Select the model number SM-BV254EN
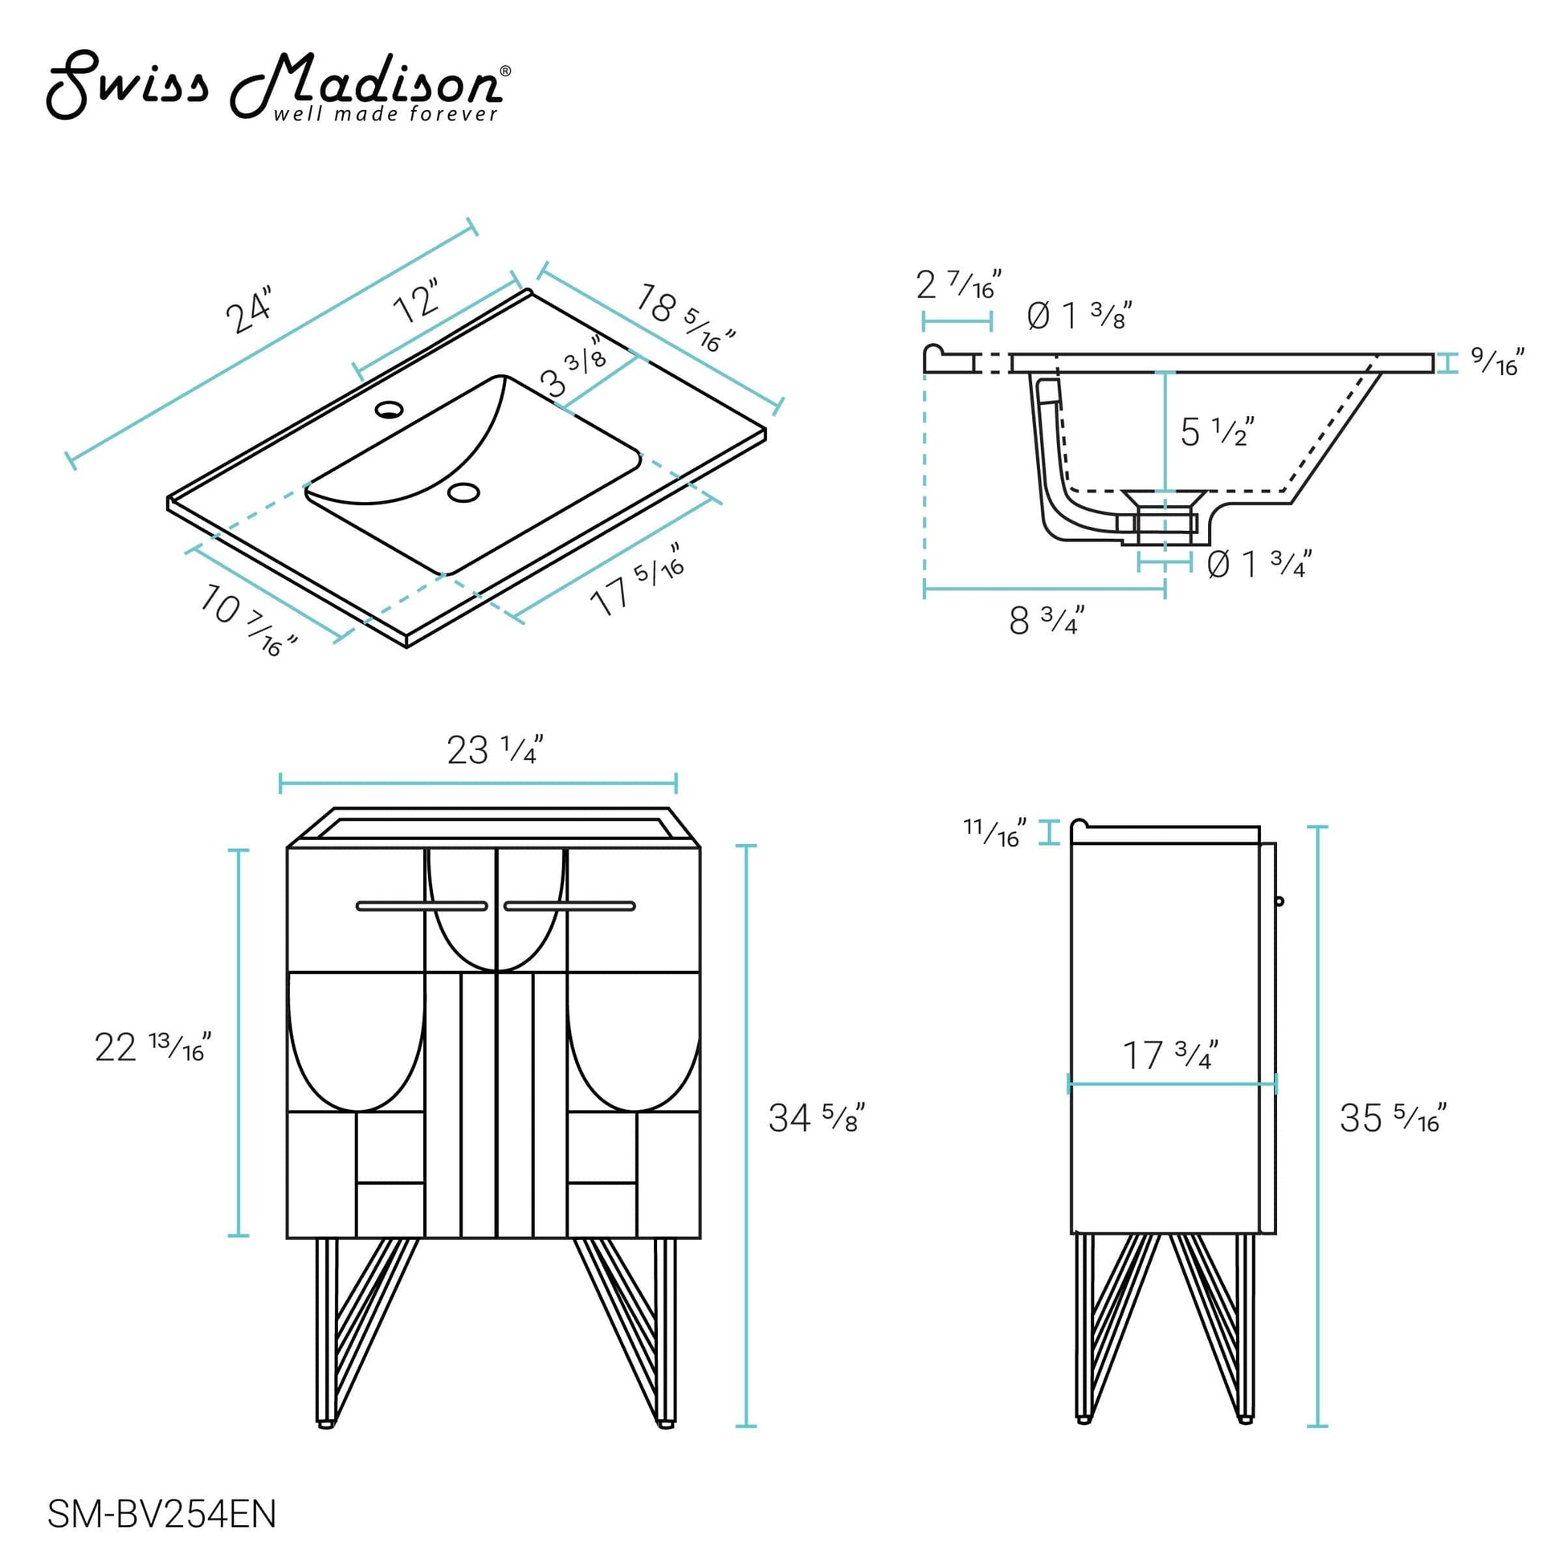pos(161,1514)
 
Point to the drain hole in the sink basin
pos(463,491)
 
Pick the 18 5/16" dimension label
pos(684,318)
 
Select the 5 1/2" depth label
pos(1216,432)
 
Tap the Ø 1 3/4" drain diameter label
pos(1258,564)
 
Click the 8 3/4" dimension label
pos(1045,621)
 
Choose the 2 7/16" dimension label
pos(958,284)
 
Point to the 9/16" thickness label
pos(1496,361)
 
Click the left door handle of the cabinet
pos(422,906)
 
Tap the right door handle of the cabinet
pos(569,906)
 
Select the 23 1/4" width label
pos(493,750)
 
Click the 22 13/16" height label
pos(152,1047)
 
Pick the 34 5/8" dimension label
pos(815,1118)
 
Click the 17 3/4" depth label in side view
pos(1169,1055)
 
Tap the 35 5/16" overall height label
pos(1392,1118)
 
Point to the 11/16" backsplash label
pos(994,831)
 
